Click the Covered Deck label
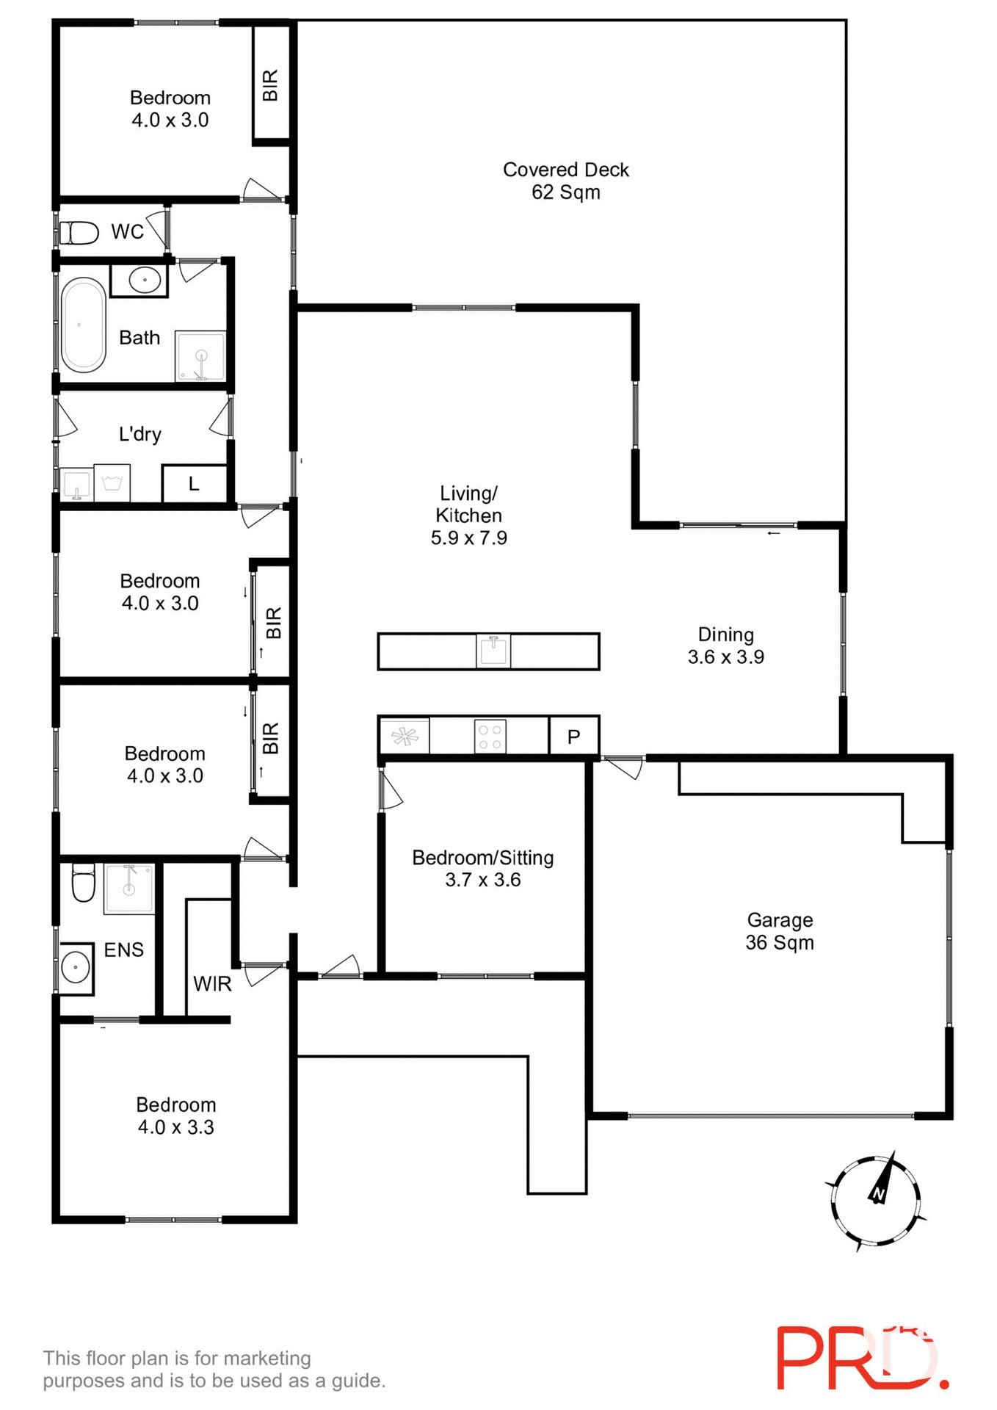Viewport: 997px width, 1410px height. coord(565,181)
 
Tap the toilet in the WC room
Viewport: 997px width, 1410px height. coord(79,233)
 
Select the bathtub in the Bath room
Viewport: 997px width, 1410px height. coord(83,325)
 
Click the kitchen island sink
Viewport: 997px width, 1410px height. coord(493,651)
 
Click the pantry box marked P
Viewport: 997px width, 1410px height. coord(574,736)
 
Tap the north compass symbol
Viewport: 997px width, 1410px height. coord(876,1201)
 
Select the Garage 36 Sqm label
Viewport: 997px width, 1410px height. coord(780,931)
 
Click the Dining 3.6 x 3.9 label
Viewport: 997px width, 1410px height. coord(725,646)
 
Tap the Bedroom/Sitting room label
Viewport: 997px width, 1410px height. coord(482,868)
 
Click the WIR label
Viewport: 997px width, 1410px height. coord(212,983)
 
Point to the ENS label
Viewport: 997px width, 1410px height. coord(123,950)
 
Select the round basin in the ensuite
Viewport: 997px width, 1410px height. coord(76,967)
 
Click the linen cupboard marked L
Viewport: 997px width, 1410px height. coord(194,483)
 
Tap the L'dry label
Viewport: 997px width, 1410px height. coord(139,434)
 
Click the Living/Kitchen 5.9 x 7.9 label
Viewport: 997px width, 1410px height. coord(468,515)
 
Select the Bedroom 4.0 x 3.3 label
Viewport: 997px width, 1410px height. coord(176,1116)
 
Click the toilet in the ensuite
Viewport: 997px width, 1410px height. coord(83,881)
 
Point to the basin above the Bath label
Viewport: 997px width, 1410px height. coord(145,280)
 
